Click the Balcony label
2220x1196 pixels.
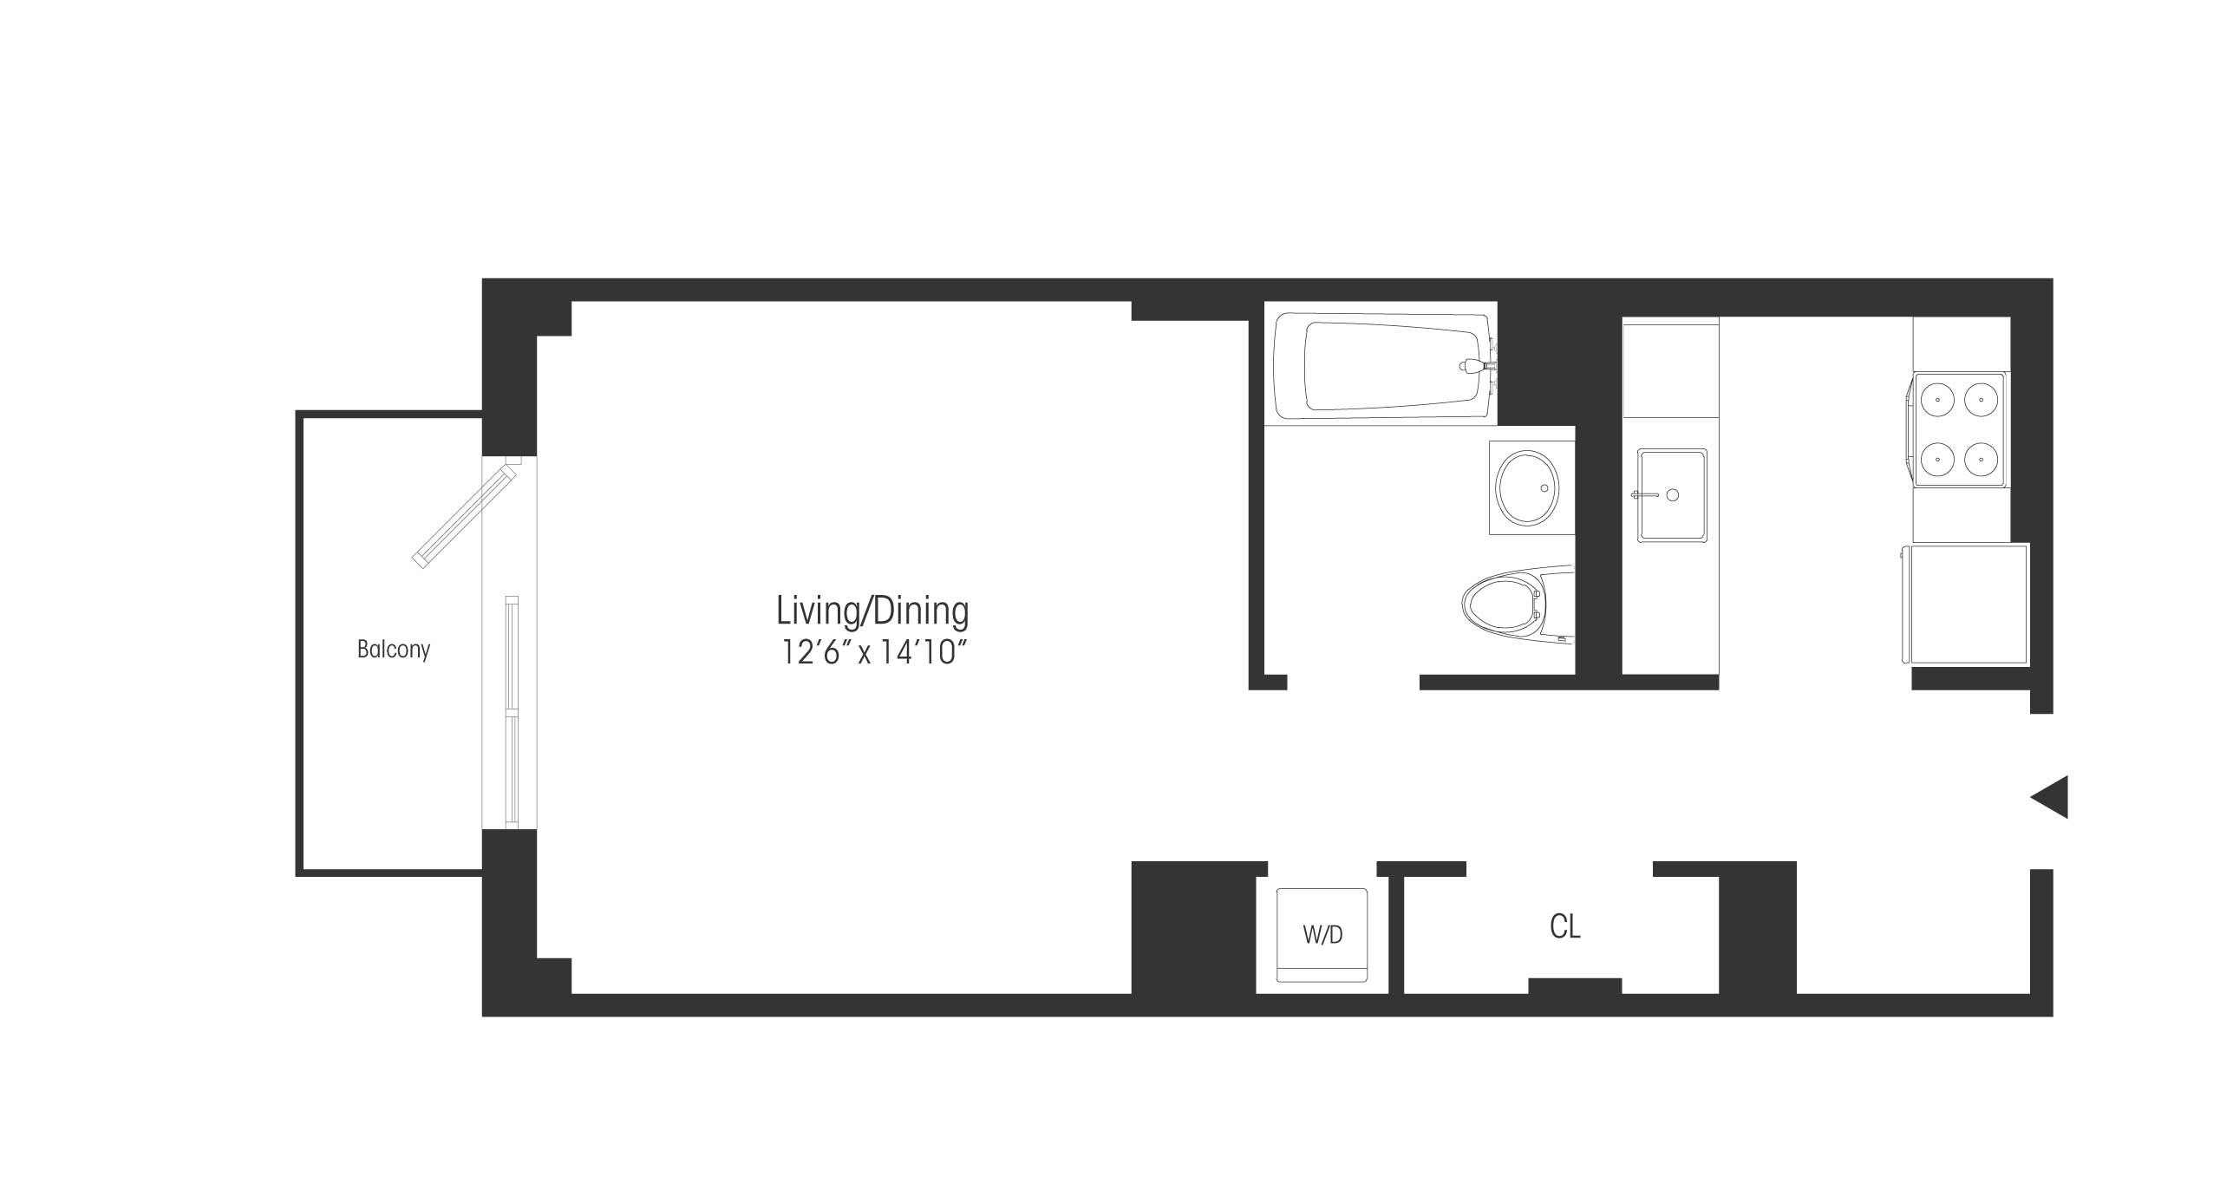tap(394, 650)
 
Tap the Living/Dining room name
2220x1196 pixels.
tap(872, 611)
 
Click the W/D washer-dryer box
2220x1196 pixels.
tap(1322, 935)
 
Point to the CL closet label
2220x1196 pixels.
tap(1564, 927)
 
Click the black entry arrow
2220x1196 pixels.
tap(2049, 797)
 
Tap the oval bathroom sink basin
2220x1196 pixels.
tap(1527, 487)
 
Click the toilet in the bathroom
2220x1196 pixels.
tap(1518, 605)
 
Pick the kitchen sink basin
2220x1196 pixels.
tap(1672, 495)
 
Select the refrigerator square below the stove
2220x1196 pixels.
tap(1965, 604)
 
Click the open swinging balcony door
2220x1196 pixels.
tap(466, 513)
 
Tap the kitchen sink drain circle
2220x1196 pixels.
tap(1673, 495)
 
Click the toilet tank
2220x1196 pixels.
tap(1556, 605)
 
